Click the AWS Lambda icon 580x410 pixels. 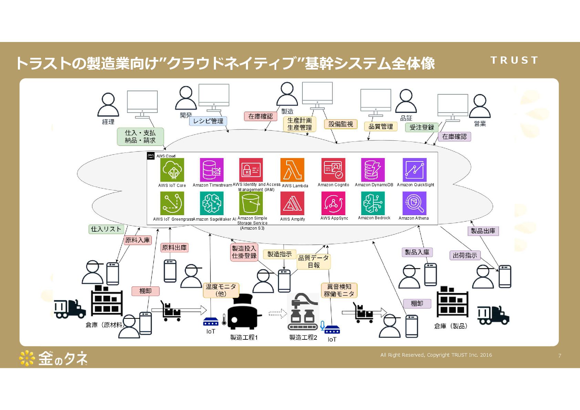click(292, 170)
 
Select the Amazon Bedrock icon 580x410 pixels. click(373, 203)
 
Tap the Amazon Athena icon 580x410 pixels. click(414, 203)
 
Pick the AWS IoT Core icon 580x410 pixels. click(172, 170)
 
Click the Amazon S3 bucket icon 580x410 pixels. click(251, 203)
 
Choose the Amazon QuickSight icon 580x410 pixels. click(414, 170)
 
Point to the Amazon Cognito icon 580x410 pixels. click(333, 170)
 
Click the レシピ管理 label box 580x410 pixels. click(208, 121)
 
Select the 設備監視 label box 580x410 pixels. click(341, 124)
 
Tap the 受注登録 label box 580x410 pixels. click(422, 127)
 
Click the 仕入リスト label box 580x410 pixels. click(106, 229)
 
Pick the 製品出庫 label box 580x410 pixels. click(483, 231)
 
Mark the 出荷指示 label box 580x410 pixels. click(465, 255)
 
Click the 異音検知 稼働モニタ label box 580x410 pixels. click(339, 290)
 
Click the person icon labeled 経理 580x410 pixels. click(108, 105)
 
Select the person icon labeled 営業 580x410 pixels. click(479, 106)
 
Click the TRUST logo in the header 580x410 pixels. click(514, 60)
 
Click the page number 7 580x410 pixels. click(560, 356)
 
